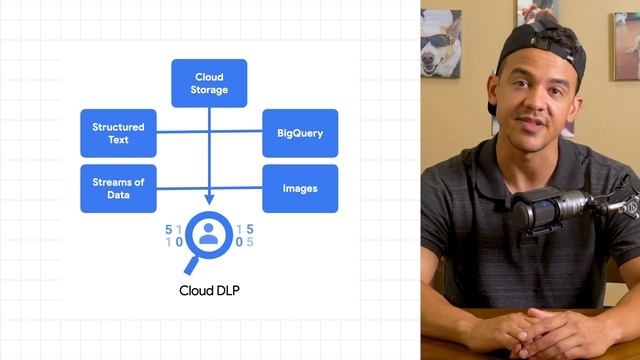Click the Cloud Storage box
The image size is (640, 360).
coord(209,83)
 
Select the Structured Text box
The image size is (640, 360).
coord(118,133)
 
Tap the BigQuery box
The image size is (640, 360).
coord(300,133)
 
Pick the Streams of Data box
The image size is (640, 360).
coord(118,189)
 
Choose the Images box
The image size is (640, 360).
coord(300,189)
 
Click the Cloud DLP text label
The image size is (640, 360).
coord(209,291)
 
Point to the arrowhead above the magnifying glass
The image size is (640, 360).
coord(209,200)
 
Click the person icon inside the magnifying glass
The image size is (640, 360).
coord(209,234)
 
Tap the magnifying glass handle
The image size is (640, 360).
coord(191,266)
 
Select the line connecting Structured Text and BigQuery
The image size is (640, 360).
coord(209,131)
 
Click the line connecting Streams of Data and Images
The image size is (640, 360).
coord(209,188)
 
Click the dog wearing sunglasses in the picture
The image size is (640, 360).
coord(441,44)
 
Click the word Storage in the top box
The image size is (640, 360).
coord(209,90)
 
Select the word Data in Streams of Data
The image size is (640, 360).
coord(118,195)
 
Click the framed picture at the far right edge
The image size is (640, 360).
coord(627,46)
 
